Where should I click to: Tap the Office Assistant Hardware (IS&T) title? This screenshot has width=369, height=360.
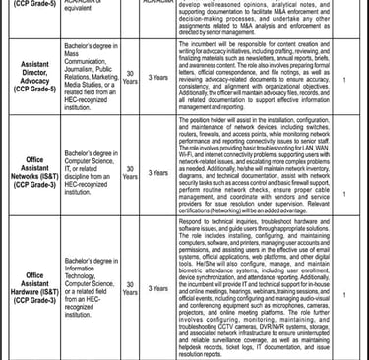pyautogui.click(x=40, y=288)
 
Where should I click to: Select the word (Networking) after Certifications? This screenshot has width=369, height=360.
pyautogui.click(x=238, y=237)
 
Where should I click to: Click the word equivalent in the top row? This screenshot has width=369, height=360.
pyautogui.click(x=98, y=14)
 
